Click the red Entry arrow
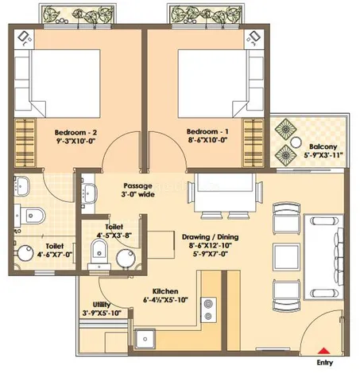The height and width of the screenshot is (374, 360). coord(323,351)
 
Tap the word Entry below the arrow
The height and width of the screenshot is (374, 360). coord(325,363)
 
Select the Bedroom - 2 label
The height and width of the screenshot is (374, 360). coord(75,132)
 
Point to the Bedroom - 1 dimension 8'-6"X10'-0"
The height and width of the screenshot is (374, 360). coord(208,140)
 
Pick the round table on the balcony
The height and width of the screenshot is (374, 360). coord(296,142)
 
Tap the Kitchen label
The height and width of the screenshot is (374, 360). coord(165,291)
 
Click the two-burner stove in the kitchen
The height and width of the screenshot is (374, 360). coord(208,310)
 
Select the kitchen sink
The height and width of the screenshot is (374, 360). coord(145,339)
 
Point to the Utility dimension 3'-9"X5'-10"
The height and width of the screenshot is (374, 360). coord(102,313)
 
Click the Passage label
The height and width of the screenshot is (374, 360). coord(138,185)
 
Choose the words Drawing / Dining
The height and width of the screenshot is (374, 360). coord(210,237)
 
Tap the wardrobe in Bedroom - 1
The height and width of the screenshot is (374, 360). coord(254,143)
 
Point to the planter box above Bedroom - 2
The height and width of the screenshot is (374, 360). coord(77,14)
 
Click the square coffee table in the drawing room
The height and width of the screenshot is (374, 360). coord(286,256)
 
